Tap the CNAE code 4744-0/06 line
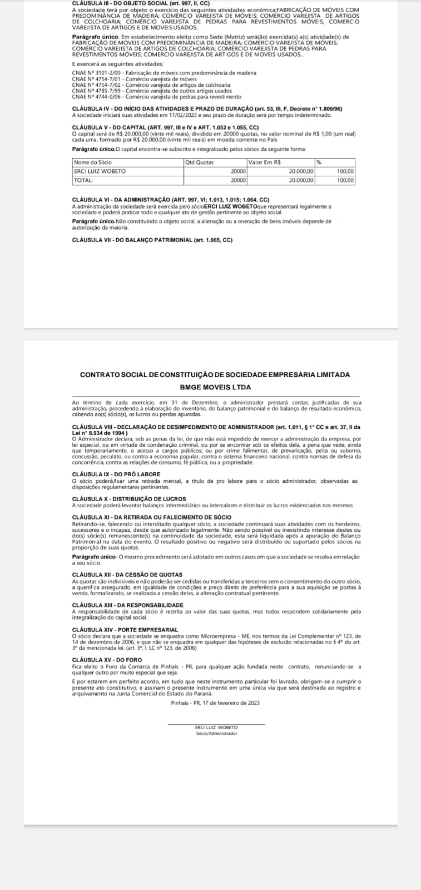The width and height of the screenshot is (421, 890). click(156, 97)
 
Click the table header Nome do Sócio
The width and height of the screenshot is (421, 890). click(92, 162)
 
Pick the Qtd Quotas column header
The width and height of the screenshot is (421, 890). click(199, 162)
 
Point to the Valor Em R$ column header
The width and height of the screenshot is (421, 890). click(264, 162)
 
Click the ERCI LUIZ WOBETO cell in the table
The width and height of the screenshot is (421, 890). click(100, 171)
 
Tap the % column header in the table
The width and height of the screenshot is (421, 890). click(319, 162)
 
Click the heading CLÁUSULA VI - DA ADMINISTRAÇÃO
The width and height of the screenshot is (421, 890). click(170, 200)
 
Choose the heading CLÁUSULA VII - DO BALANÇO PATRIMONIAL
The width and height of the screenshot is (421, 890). click(152, 240)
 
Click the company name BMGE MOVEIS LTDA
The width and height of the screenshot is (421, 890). click(215, 387)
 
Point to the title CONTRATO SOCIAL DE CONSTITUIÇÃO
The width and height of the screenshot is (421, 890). click(215, 375)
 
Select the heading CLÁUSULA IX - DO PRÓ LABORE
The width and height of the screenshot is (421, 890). click(116, 474)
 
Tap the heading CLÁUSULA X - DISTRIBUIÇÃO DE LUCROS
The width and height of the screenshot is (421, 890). click(129, 499)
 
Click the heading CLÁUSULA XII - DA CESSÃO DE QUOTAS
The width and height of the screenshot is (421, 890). click(127, 575)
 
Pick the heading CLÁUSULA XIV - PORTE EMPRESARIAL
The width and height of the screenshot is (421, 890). click(125, 630)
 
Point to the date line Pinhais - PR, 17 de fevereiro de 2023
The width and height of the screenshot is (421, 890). click(215, 703)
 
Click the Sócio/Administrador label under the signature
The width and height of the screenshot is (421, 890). click(216, 733)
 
